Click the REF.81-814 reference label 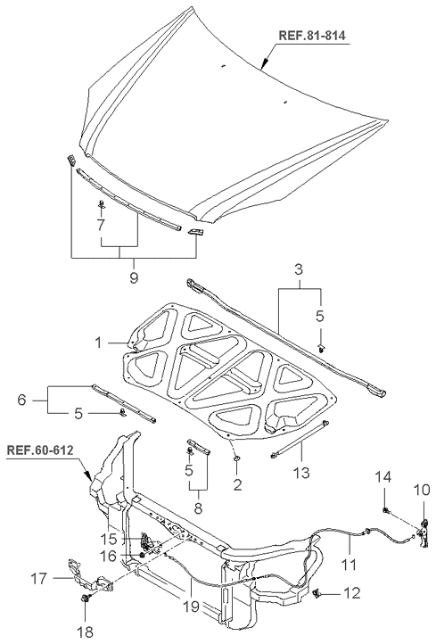[x=312, y=35]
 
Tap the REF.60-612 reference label [x=40, y=450]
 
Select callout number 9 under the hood [x=134, y=277]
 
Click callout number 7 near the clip [x=101, y=225]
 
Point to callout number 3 [x=299, y=270]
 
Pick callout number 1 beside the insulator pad [x=98, y=343]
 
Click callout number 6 [x=21, y=400]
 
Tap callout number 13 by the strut [x=301, y=473]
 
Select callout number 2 [x=237, y=484]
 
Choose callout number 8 [x=198, y=509]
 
